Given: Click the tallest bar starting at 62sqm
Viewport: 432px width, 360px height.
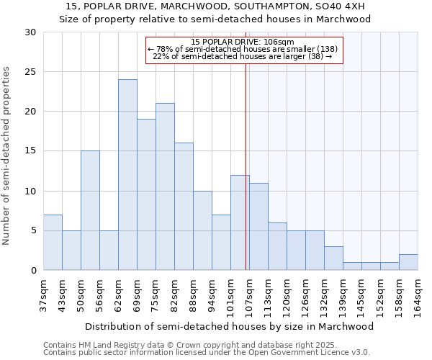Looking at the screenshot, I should (x=127, y=175).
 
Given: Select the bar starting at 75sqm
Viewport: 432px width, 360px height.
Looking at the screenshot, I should (x=165, y=186).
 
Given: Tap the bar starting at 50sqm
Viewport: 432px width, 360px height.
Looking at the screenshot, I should (x=90, y=210).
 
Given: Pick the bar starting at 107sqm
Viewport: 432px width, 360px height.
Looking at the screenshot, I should (x=258, y=226).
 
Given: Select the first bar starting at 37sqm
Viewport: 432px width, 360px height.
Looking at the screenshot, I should (x=53, y=242).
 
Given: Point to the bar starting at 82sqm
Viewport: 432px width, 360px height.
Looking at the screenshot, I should (x=184, y=207).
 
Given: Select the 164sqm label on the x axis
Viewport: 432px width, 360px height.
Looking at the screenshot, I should (x=418, y=297).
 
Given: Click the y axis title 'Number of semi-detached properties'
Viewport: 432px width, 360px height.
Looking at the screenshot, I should (x=7, y=156).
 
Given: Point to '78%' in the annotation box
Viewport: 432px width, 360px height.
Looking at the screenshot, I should (x=166, y=48).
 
